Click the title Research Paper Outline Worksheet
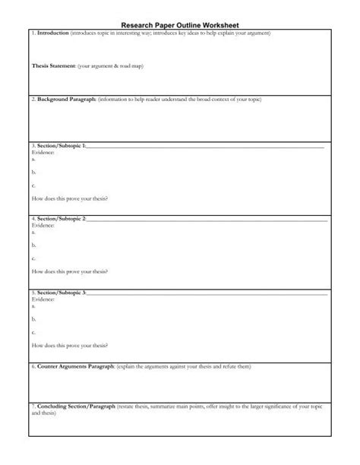(x=181, y=24)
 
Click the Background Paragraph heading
(x=65, y=100)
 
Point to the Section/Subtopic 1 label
(x=62, y=145)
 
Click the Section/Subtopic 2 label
(x=62, y=219)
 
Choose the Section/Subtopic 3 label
(x=62, y=293)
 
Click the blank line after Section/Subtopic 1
(x=205, y=146)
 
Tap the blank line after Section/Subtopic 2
(x=205, y=220)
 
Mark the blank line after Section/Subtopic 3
(x=205, y=293)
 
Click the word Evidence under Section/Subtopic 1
(x=44, y=151)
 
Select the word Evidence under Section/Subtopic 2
(x=44, y=226)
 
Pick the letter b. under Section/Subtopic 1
(x=34, y=172)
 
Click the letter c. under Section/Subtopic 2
(x=34, y=258)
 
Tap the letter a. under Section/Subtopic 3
(x=34, y=305)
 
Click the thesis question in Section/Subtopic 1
(x=69, y=199)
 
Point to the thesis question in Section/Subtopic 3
(x=69, y=346)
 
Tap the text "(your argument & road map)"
(x=110, y=67)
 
